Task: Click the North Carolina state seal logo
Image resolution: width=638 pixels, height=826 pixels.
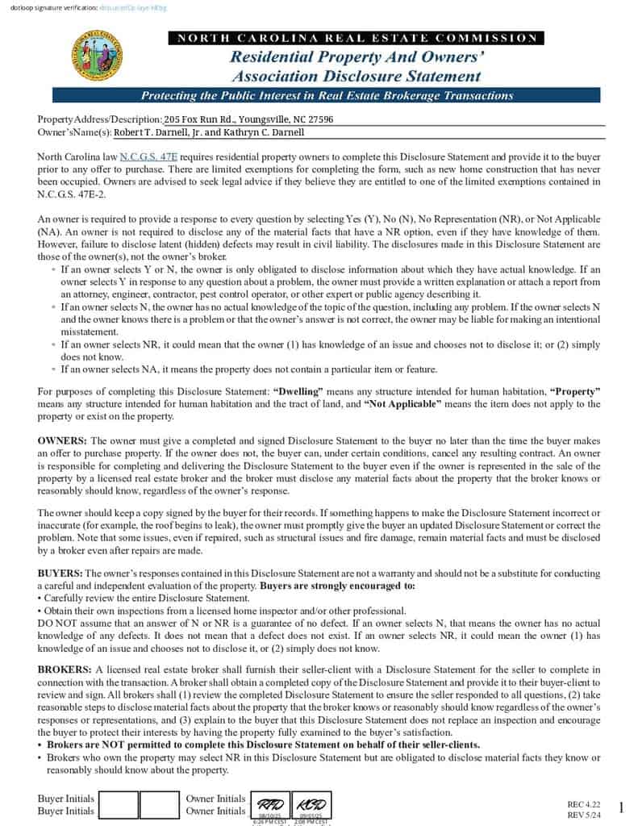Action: pyautogui.click(x=98, y=55)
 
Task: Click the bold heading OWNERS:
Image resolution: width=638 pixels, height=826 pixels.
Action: pyautogui.click(x=63, y=441)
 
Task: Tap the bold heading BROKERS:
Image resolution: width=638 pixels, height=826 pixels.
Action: pyautogui.click(x=65, y=670)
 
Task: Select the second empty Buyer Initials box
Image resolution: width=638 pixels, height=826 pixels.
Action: pyautogui.click(x=159, y=805)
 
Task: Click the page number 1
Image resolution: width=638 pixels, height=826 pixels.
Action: pyautogui.click(x=621, y=807)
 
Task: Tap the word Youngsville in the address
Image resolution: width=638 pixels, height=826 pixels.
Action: pyautogui.click(x=252, y=119)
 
